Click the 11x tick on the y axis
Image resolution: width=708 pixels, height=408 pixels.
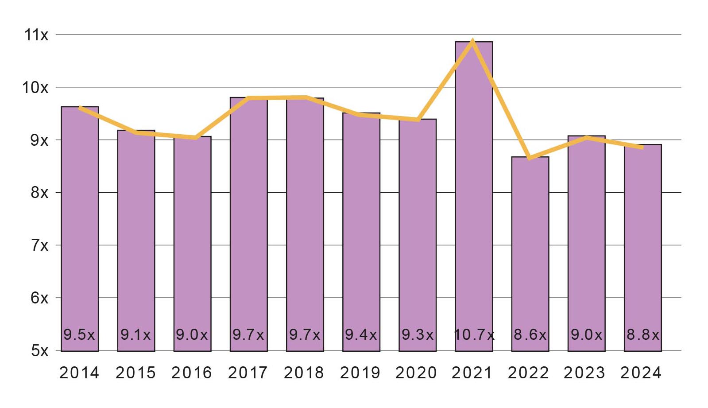(x=36, y=35)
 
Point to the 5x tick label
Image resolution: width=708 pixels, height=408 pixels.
(x=39, y=351)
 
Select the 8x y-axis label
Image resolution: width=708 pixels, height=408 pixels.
(x=39, y=193)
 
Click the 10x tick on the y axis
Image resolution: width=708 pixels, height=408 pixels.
(x=35, y=88)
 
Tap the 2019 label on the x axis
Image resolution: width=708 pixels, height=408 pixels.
(x=360, y=373)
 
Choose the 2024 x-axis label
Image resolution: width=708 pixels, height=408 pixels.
(x=641, y=373)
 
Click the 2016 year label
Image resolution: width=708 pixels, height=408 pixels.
(x=192, y=373)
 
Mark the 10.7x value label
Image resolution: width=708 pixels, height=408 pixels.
(x=474, y=334)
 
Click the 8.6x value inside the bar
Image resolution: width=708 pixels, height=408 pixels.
(x=530, y=334)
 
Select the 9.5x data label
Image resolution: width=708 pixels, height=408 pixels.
(x=79, y=334)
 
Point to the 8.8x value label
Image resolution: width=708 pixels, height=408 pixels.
(x=643, y=334)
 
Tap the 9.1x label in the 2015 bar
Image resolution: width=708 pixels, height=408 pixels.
(x=136, y=334)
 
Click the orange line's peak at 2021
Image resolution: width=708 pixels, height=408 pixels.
(x=473, y=41)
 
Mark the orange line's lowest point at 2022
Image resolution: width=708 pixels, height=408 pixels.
(x=529, y=158)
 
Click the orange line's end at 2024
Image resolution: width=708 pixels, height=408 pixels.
(x=642, y=147)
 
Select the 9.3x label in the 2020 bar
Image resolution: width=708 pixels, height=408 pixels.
(x=418, y=334)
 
